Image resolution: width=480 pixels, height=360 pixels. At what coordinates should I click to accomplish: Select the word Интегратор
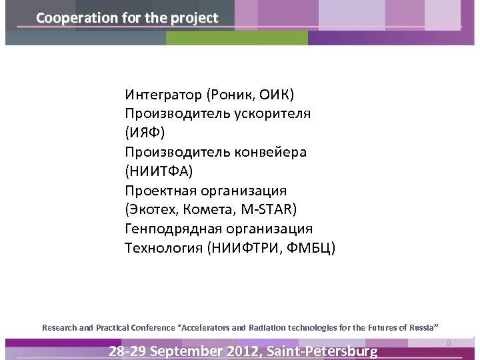pos(161,94)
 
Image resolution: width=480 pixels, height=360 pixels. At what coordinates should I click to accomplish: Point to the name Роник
pos(227,94)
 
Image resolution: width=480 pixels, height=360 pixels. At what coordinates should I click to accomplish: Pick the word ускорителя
pos(272,113)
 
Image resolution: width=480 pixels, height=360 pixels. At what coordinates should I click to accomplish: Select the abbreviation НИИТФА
pos(158,171)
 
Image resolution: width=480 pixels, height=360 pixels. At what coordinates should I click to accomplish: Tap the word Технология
pos(163,249)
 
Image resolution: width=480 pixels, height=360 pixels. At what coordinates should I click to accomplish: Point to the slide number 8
pos(449,343)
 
